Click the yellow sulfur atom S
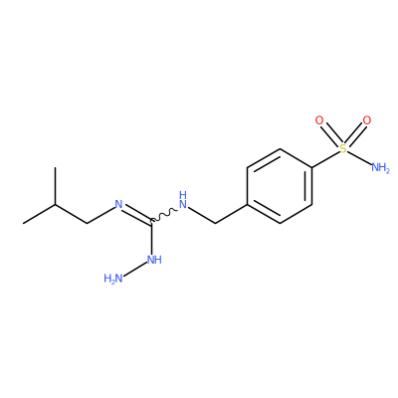click(343, 149)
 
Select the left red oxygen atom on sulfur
click(319, 120)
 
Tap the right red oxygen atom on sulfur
click(367, 120)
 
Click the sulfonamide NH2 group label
click(380, 167)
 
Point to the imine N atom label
click(118, 204)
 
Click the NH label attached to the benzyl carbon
click(183, 200)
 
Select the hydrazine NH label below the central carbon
click(154, 260)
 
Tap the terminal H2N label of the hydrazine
click(113, 279)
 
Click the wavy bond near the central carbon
click(164, 215)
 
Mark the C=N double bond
click(137, 214)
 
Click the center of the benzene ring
click(280, 186)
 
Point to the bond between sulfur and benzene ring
click(325, 159)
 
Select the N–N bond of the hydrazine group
click(135, 271)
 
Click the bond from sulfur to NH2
click(359, 158)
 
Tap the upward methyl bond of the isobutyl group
click(55, 186)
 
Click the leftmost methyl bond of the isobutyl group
click(39, 214)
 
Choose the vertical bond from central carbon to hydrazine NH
click(151, 237)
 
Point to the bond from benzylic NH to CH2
click(202, 215)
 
